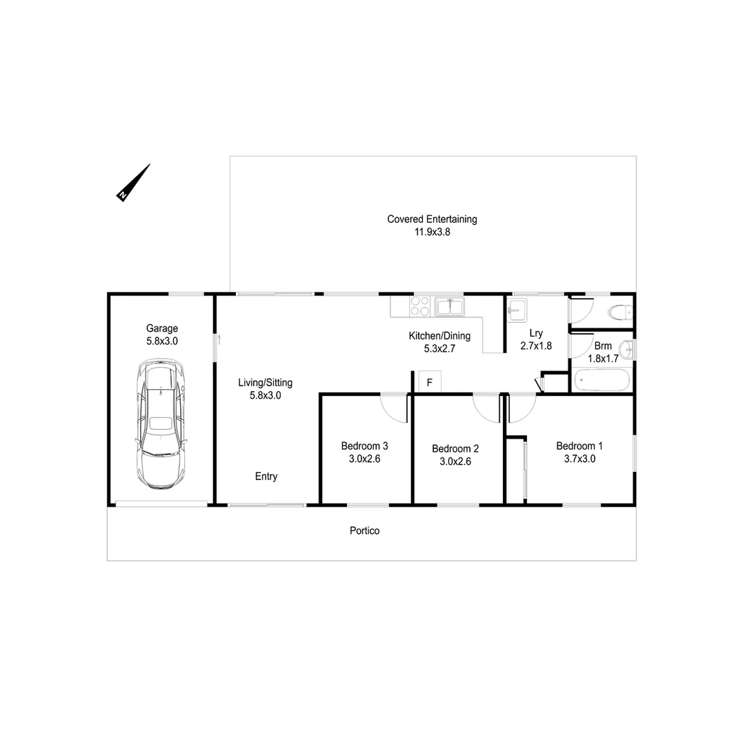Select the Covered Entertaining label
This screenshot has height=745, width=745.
pyautogui.click(x=432, y=219)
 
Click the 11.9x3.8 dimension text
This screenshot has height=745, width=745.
pyautogui.click(x=432, y=232)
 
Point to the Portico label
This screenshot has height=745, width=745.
pyautogui.click(x=364, y=530)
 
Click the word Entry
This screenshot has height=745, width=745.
pyautogui.click(x=266, y=476)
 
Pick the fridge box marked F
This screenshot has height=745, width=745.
pyautogui.click(x=429, y=382)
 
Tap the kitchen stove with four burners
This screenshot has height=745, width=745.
pyautogui.click(x=420, y=306)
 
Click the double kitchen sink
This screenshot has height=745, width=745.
pyautogui.click(x=450, y=306)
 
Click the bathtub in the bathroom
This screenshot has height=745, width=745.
pyautogui.click(x=602, y=380)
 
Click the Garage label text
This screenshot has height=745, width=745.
pyautogui.click(x=161, y=328)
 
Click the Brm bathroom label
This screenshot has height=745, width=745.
pyautogui.click(x=602, y=346)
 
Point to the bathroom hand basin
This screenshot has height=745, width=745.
pyautogui.click(x=627, y=350)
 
